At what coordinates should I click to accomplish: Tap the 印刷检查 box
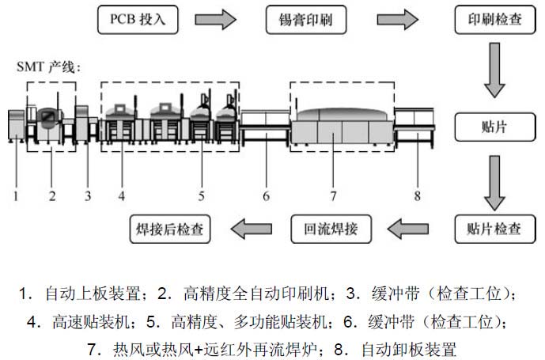tap(488, 19)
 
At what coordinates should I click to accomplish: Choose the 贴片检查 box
tap(488, 230)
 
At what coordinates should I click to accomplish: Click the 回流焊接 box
tap(331, 230)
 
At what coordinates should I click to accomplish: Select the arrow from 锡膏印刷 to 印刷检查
tap(397, 19)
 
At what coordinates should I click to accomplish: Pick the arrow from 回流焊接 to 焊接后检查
tap(249, 230)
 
